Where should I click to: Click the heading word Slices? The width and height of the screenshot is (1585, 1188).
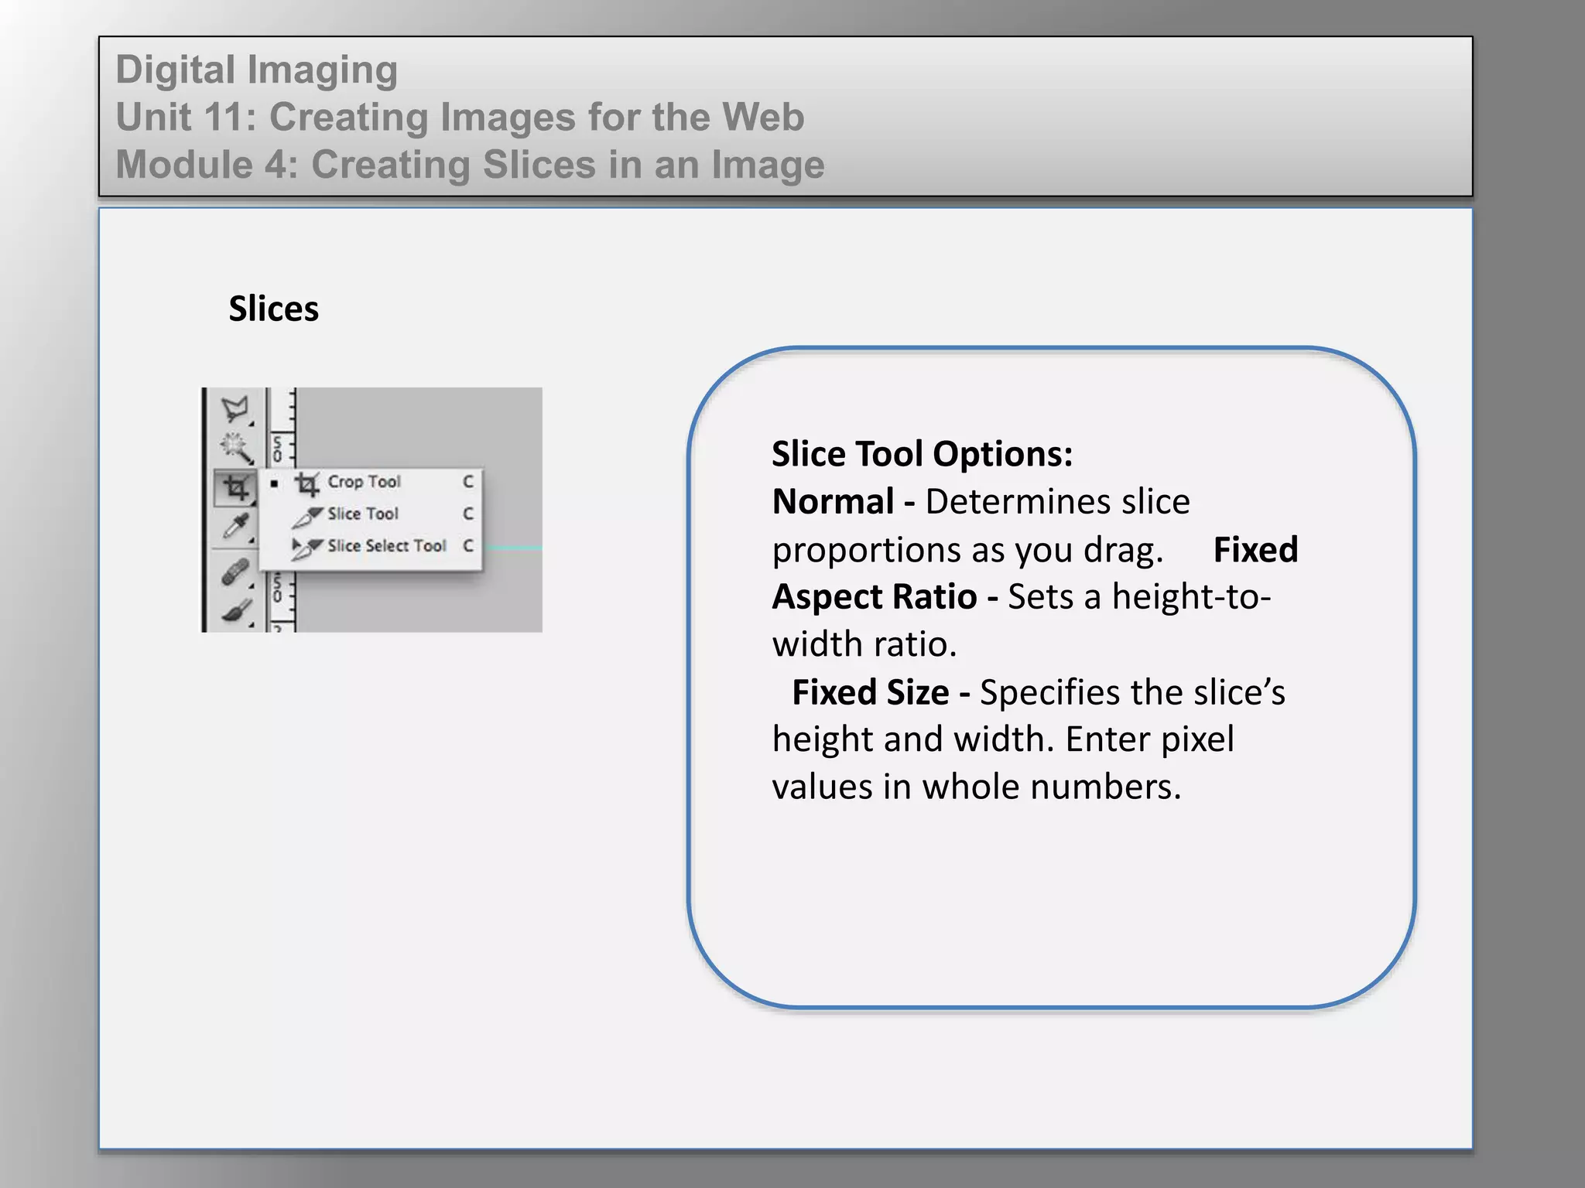273,309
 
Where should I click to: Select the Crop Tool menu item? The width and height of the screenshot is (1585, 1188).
363,482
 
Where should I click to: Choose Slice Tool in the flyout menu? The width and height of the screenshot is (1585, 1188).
361,514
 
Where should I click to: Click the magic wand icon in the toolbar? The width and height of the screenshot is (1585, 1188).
235,447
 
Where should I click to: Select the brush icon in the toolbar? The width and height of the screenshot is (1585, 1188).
235,611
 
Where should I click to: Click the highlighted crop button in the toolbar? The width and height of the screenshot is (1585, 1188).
235,488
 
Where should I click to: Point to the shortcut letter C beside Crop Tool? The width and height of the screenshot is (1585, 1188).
468,482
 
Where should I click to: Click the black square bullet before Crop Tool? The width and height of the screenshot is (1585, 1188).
274,483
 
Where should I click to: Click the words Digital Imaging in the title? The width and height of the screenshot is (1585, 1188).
256,70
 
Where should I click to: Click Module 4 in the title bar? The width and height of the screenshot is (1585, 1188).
206,165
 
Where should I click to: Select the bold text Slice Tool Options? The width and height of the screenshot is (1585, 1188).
922,454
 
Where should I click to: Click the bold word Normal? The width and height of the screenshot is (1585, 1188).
833,502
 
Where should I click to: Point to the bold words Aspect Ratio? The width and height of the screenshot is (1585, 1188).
875,597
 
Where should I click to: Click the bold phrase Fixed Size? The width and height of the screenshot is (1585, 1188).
870,692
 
